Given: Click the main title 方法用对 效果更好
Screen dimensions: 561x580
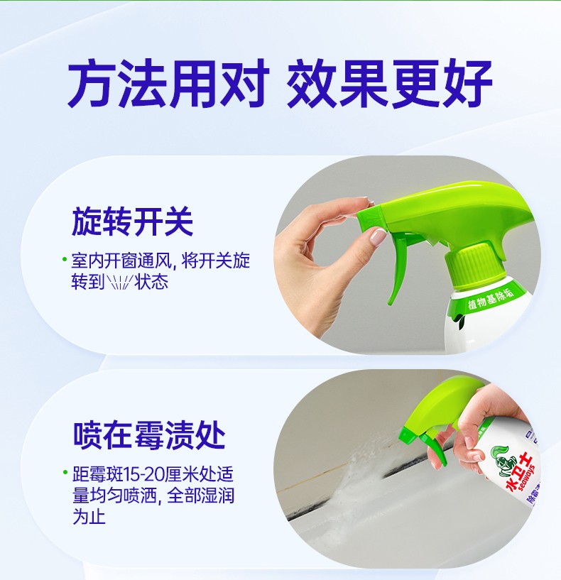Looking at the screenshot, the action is tap(280, 84).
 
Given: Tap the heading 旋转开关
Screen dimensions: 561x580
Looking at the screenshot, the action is tap(133, 222).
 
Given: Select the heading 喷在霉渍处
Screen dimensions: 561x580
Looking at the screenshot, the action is tap(149, 435).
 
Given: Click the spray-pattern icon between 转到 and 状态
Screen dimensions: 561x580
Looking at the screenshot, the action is tap(119, 283).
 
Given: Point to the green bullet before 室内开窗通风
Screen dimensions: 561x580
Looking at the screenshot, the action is tap(65, 259).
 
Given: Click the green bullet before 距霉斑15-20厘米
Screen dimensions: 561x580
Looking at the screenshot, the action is tap(65, 472).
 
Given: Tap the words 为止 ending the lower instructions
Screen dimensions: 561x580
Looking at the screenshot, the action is tap(89, 516).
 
